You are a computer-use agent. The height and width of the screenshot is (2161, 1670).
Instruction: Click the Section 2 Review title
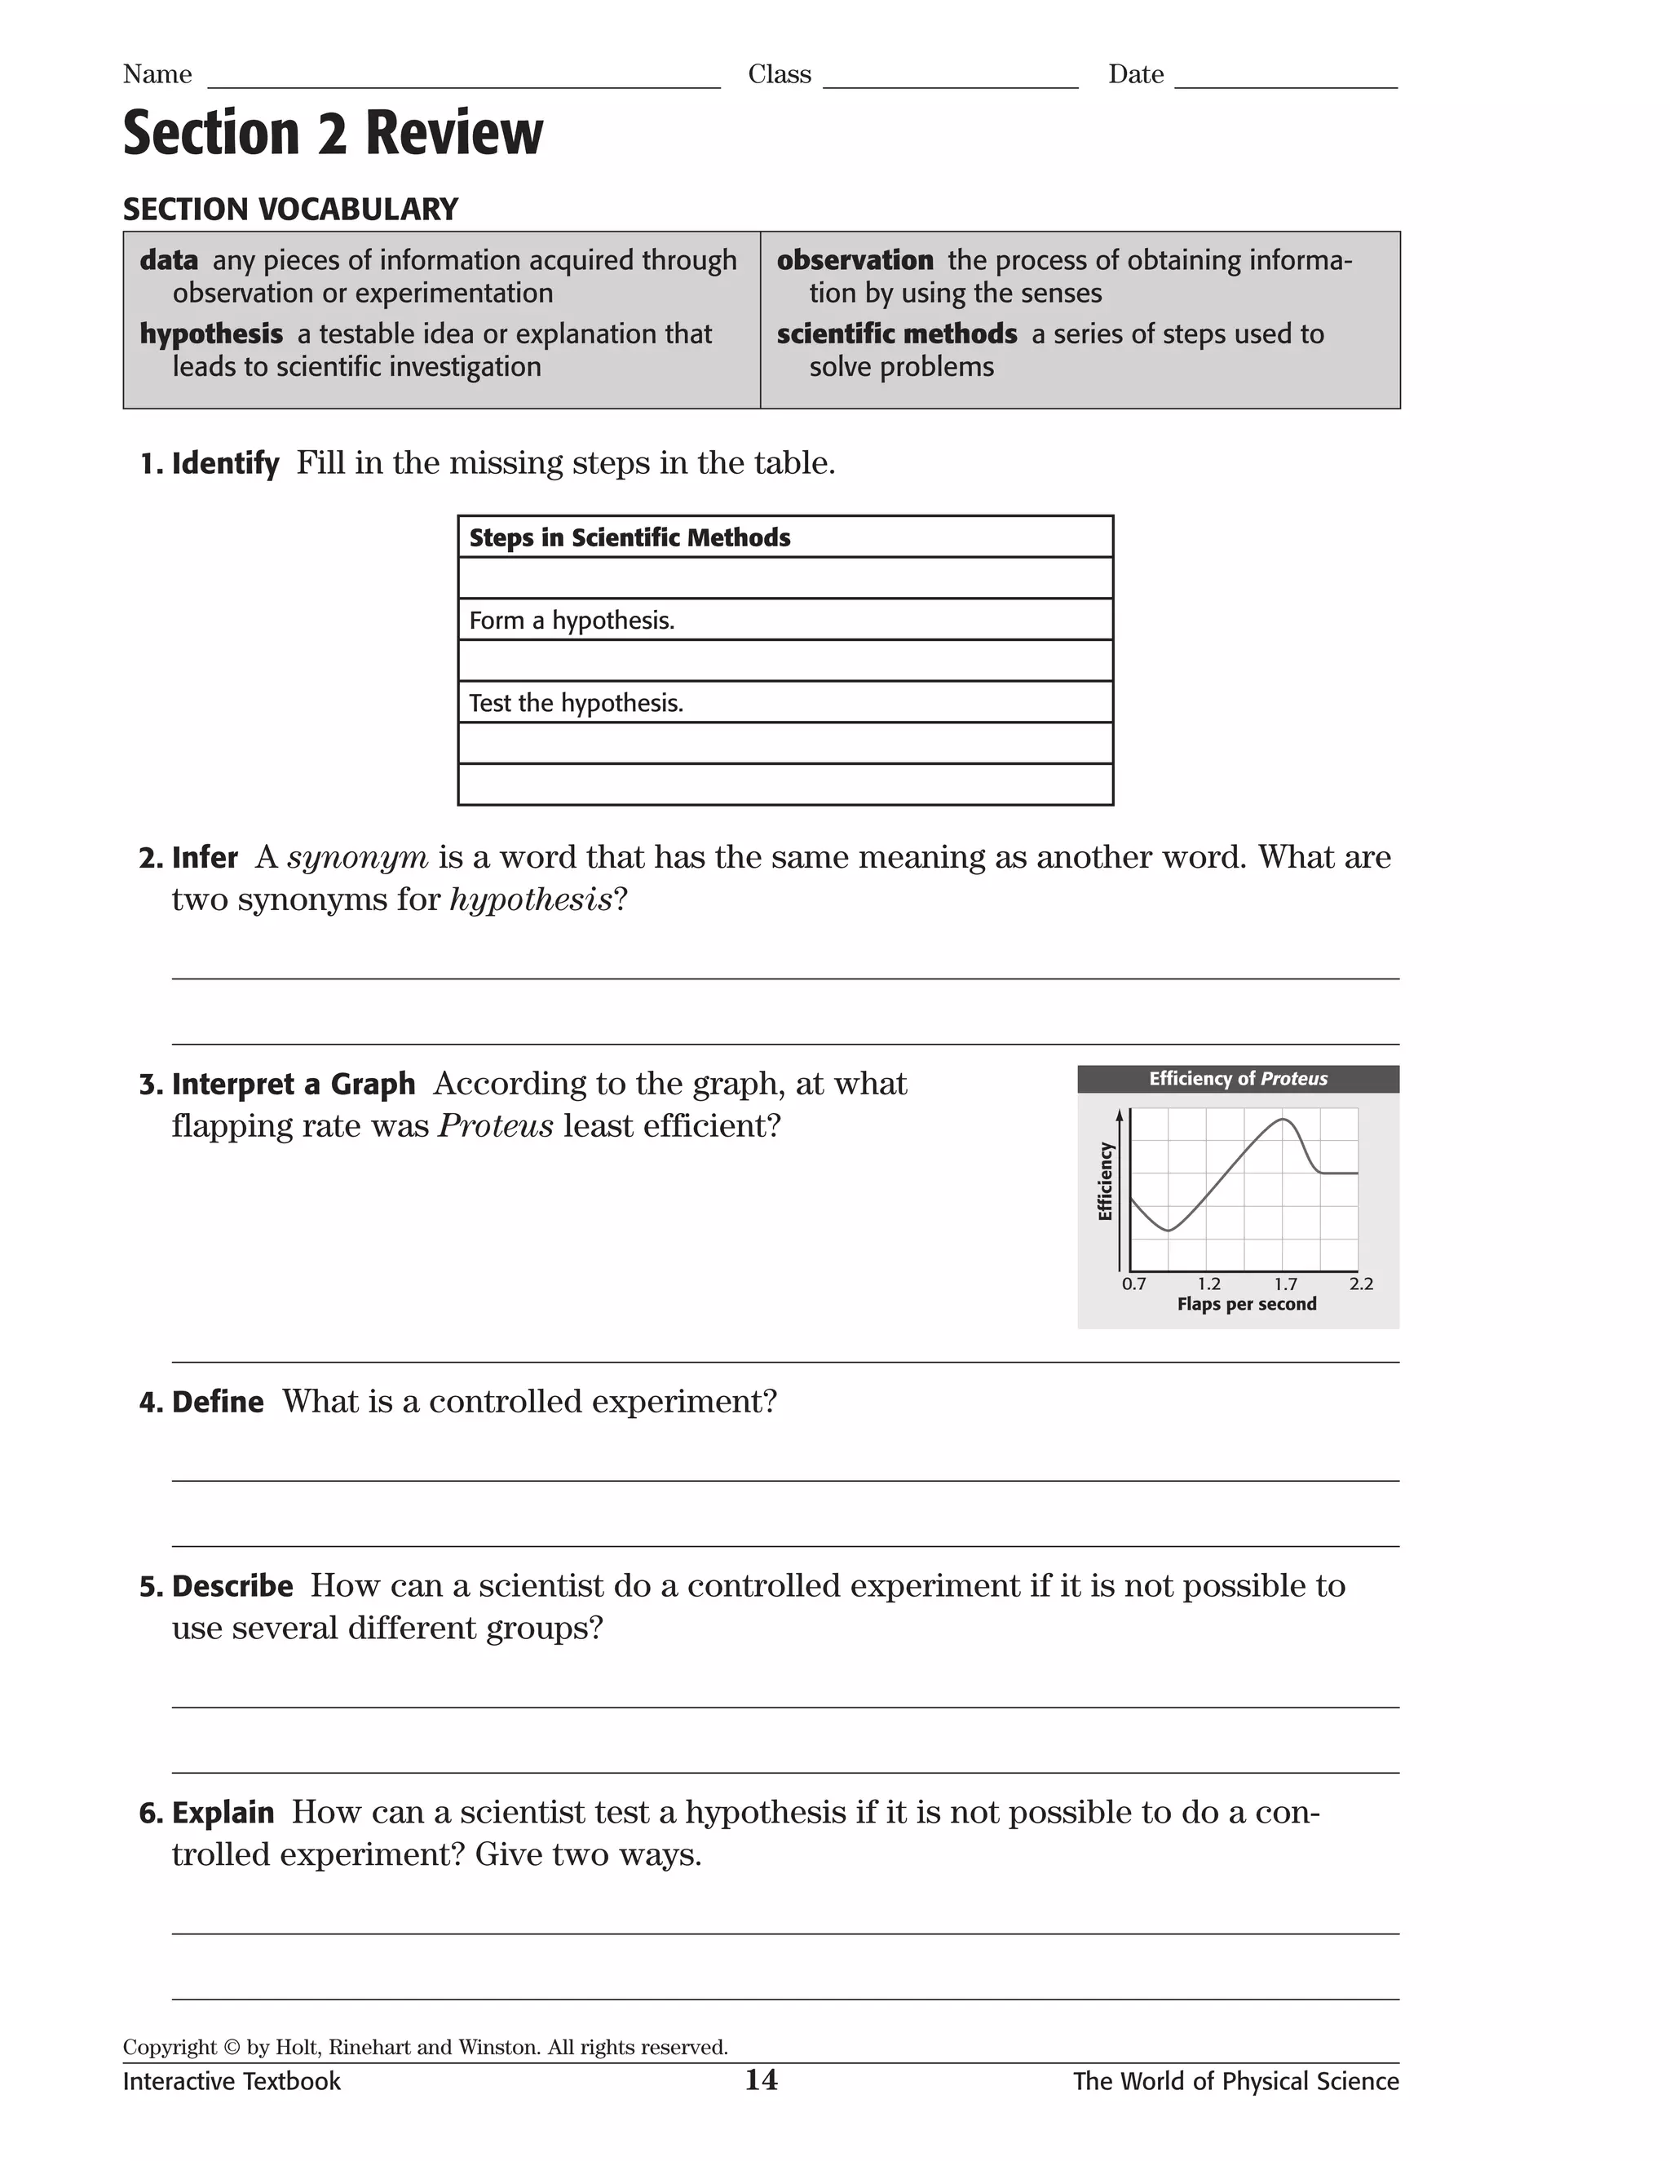[x=333, y=134]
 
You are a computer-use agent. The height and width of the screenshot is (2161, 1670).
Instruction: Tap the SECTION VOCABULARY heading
[x=289, y=210]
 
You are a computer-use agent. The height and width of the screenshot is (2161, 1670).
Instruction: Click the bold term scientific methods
[x=896, y=334]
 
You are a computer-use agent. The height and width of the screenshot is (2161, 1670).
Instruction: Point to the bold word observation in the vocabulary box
[x=855, y=260]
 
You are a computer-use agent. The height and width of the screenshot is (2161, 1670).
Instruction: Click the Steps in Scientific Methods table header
[x=630, y=538]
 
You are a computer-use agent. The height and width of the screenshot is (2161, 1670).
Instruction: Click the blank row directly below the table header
[x=784, y=579]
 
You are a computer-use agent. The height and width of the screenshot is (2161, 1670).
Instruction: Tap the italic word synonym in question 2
[x=358, y=857]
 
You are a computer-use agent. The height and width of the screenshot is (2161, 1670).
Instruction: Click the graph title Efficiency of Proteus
[x=1238, y=1080]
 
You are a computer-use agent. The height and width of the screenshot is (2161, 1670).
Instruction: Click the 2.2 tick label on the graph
[x=1360, y=1284]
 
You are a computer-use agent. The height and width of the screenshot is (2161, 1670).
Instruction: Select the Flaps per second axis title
[x=1246, y=1305]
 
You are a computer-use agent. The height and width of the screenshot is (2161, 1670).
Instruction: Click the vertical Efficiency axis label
[x=1105, y=1182]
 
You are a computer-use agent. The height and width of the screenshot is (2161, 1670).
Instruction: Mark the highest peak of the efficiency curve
[x=1282, y=1119]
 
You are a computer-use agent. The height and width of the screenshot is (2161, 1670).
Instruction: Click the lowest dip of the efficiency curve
[x=1169, y=1231]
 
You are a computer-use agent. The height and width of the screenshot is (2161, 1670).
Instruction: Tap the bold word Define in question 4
[x=218, y=1402]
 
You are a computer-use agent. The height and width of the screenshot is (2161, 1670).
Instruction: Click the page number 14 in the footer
[x=761, y=2081]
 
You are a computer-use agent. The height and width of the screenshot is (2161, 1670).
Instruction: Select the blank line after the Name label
[x=463, y=79]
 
